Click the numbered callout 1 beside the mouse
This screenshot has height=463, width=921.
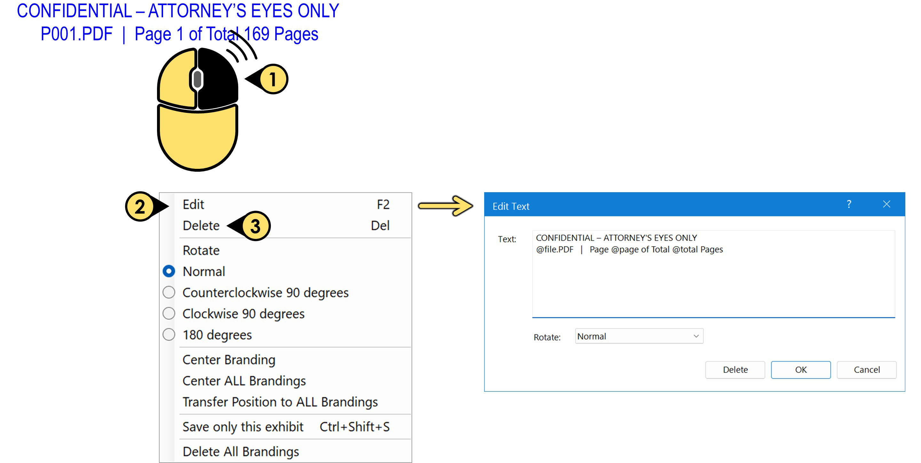pos(273,79)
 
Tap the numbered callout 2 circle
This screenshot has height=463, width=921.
pos(140,206)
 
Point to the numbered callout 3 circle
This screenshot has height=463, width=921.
pos(255,226)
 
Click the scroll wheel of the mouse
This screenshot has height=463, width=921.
pos(197,79)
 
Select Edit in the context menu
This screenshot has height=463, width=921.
pos(193,205)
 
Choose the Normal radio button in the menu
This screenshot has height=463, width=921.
pos(169,271)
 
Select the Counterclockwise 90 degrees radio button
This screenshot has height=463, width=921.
pos(169,293)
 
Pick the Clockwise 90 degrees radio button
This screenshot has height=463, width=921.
pos(169,314)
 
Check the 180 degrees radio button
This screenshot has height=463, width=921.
pos(169,335)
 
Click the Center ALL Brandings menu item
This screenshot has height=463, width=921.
pos(244,381)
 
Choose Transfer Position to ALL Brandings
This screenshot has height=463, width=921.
pos(280,402)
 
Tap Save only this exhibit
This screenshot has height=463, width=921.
pos(243,427)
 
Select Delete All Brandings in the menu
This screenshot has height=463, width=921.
pos(240,451)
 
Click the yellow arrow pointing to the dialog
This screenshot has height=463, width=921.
pos(445,206)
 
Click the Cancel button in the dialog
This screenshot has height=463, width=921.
pos(867,370)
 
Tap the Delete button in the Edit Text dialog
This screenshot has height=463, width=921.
pos(735,370)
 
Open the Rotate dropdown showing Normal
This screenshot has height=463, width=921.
pos(639,336)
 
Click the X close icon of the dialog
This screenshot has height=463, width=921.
pos(886,204)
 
